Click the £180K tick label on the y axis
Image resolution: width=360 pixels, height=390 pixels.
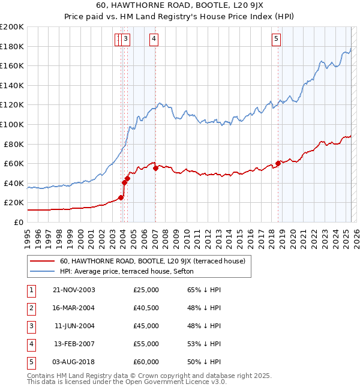pos(12,46)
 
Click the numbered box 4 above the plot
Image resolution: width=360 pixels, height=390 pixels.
pos(154,39)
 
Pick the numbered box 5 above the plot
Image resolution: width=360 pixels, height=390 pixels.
pos(277,39)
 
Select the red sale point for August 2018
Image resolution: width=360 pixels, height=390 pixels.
pos(278,163)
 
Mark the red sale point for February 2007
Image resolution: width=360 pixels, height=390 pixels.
pos(155,169)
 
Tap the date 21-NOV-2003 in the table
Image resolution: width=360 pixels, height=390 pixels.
pos(74,290)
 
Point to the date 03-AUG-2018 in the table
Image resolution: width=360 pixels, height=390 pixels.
pos(73,362)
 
